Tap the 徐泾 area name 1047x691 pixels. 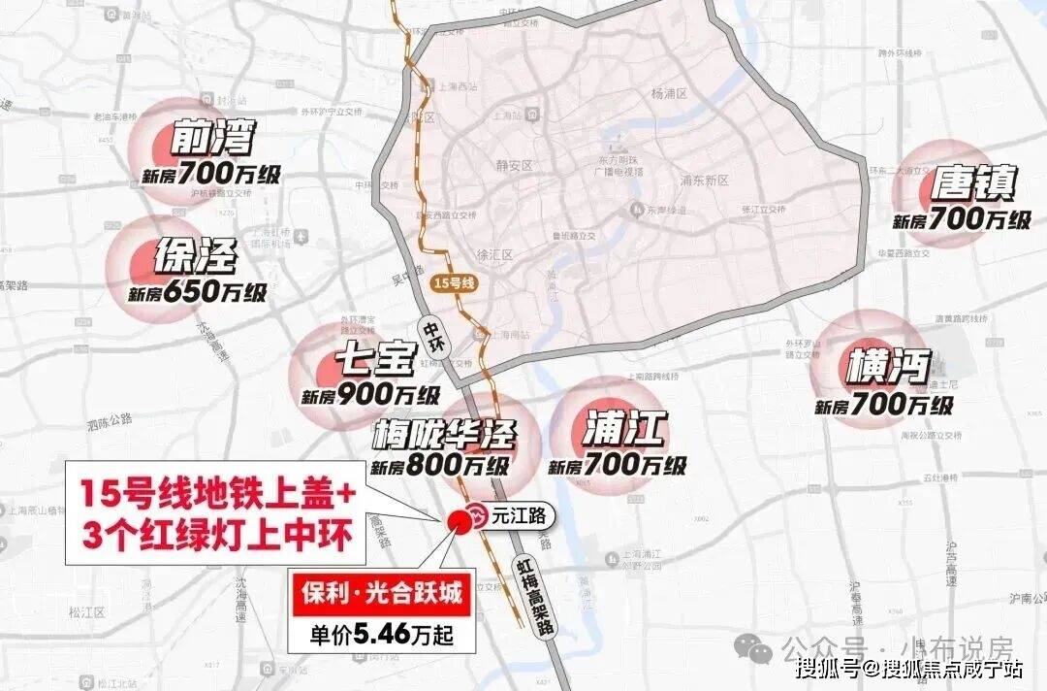pos(196,256)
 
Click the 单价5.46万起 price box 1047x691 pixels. pos(381,635)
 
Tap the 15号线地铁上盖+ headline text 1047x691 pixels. pos(218,495)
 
